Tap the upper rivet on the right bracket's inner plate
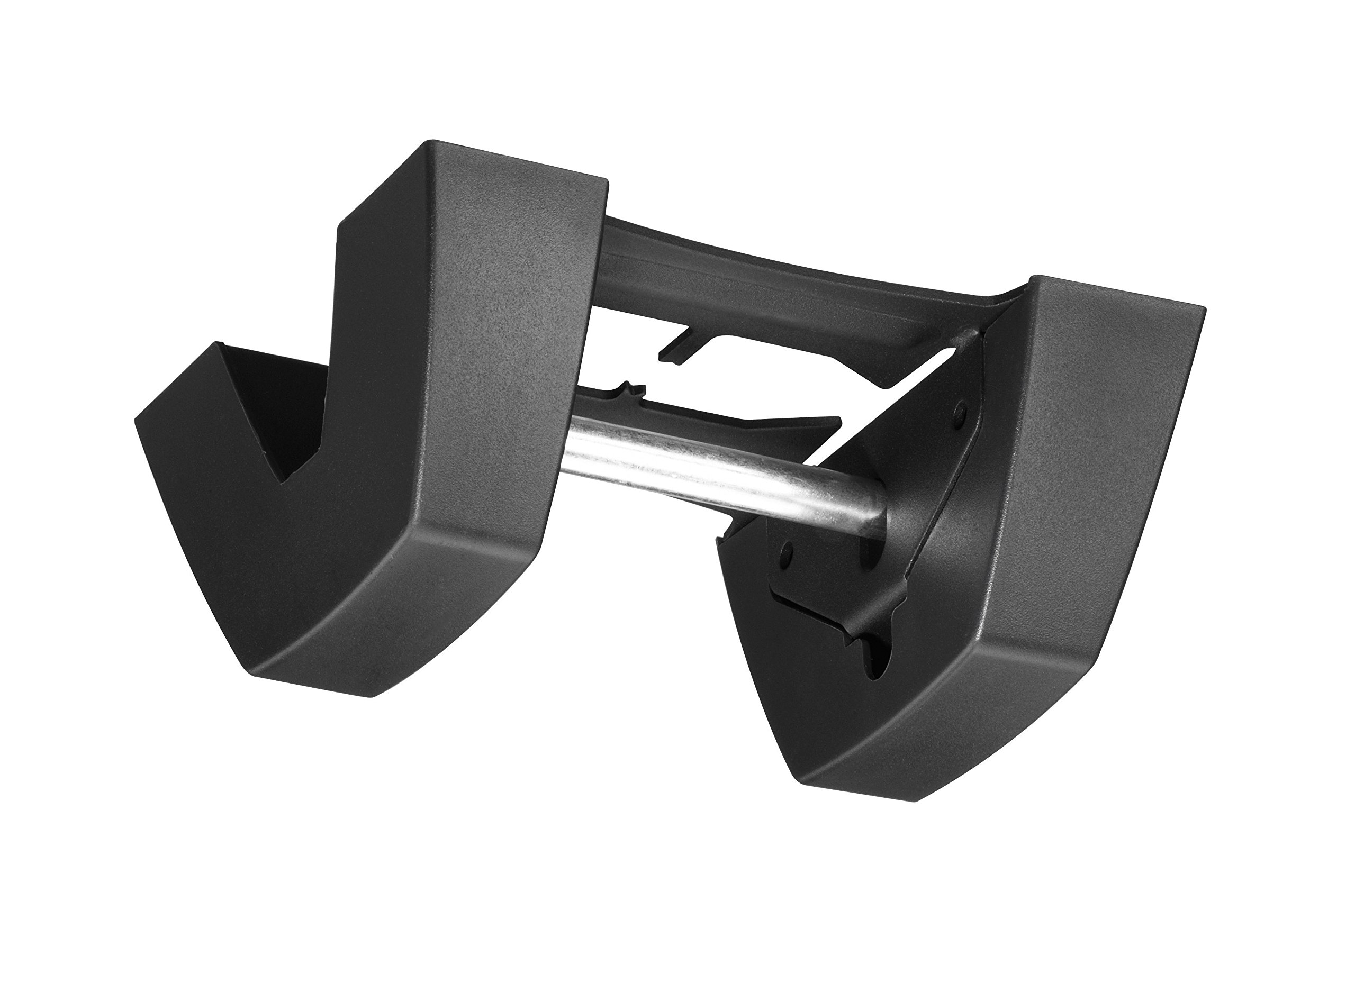click(960, 410)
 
